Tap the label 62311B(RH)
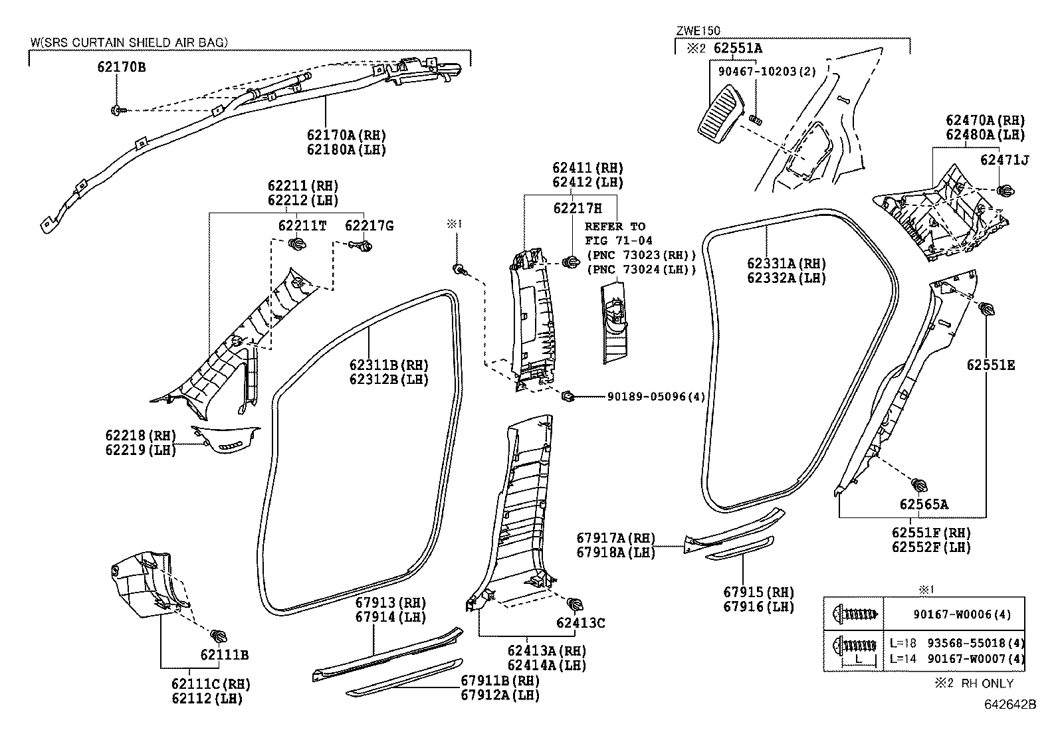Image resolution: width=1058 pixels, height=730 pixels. pyautogui.click(x=389, y=365)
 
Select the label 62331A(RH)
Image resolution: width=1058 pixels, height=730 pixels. pyautogui.click(x=786, y=264)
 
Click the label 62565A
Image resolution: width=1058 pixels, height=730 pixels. pyautogui.click(x=924, y=505)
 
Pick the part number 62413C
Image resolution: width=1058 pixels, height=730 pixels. pyautogui.click(x=580, y=623)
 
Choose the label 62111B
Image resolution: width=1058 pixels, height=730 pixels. pyautogui.click(x=224, y=655)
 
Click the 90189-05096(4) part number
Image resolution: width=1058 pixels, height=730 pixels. pyautogui.click(x=656, y=397)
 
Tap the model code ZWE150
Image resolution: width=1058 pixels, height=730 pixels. pyautogui.click(x=698, y=31)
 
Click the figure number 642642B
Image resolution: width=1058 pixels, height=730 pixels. pyautogui.click(x=1009, y=704)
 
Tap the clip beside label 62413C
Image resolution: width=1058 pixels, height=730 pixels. pyautogui.click(x=574, y=604)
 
